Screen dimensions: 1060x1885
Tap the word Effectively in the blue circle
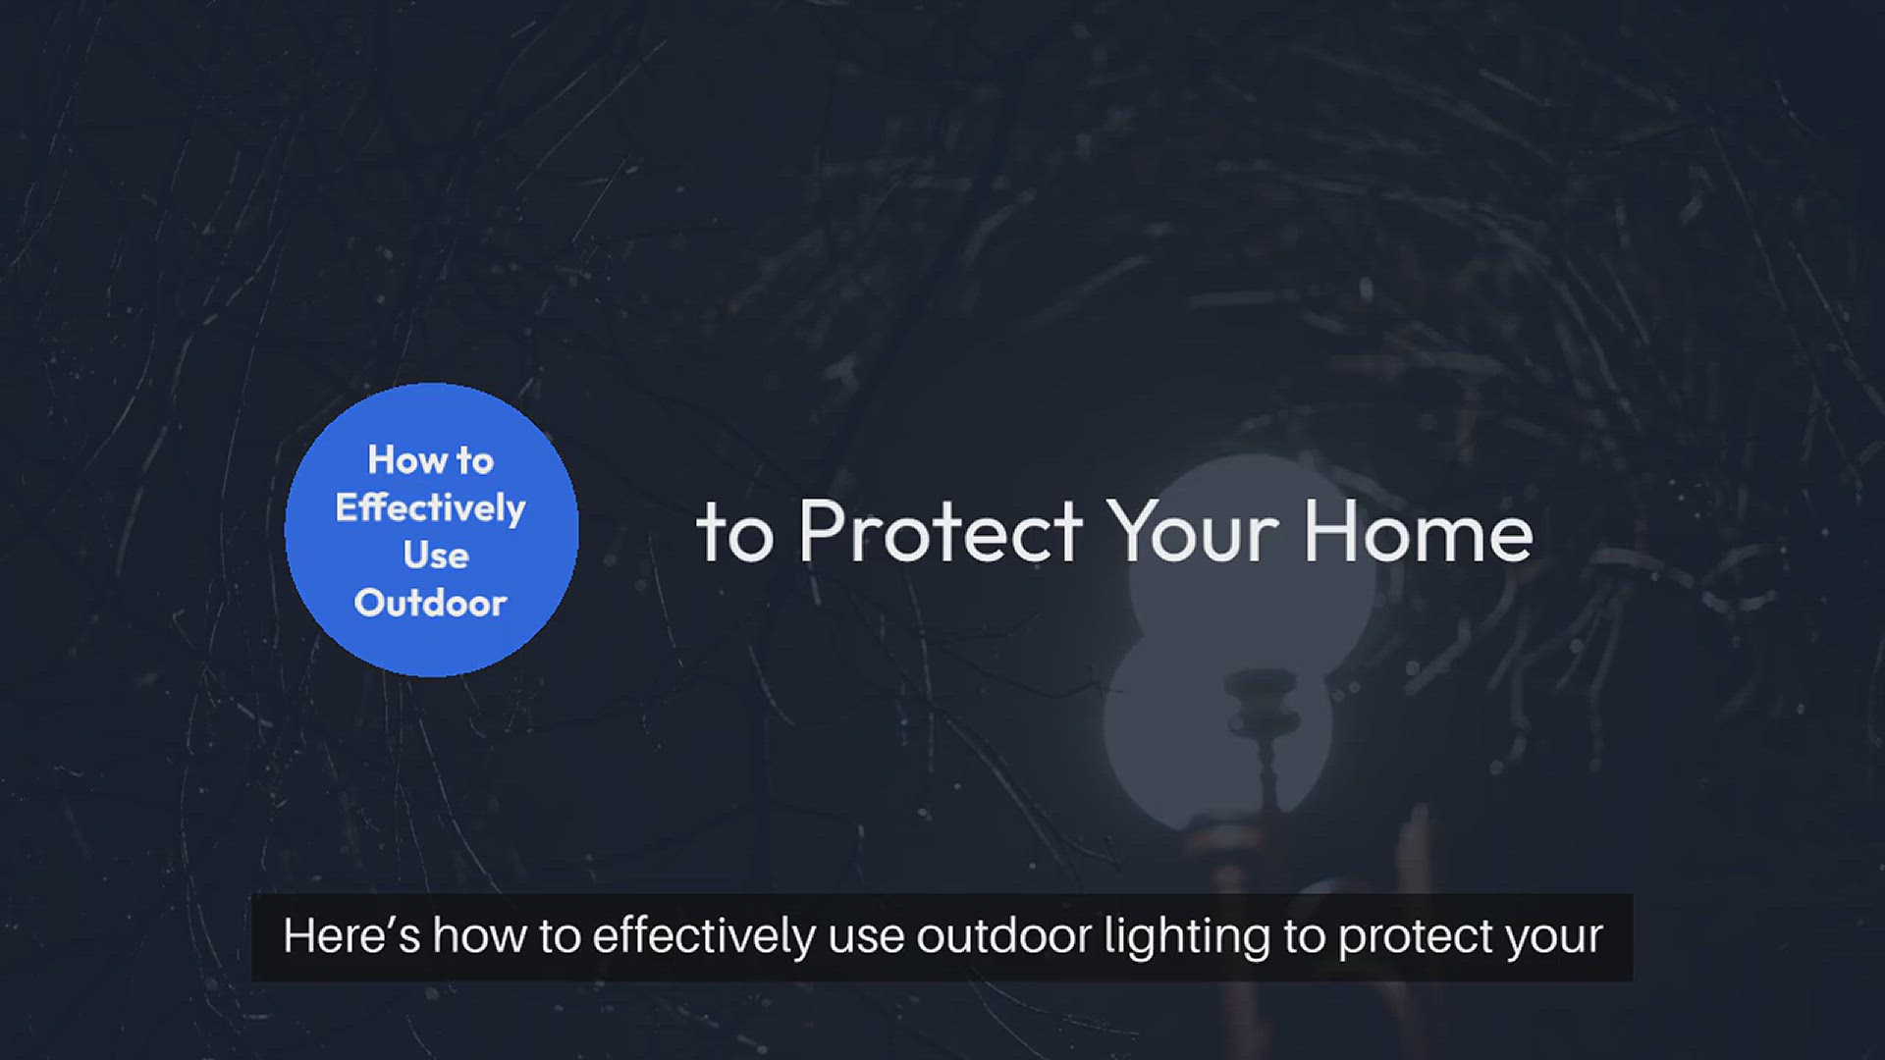click(430, 508)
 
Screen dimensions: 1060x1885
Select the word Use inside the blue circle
click(436, 556)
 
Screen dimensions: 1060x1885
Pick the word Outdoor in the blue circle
click(430, 603)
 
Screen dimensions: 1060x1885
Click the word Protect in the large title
click(940, 532)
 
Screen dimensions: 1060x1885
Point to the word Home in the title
click(1418, 532)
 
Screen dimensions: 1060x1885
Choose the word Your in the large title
click(1193, 532)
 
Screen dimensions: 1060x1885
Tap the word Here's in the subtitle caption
click(350, 936)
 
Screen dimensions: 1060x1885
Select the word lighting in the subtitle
click(1187, 936)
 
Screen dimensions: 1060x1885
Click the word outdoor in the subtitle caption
click(1003, 936)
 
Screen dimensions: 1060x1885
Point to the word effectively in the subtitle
click(703, 936)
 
